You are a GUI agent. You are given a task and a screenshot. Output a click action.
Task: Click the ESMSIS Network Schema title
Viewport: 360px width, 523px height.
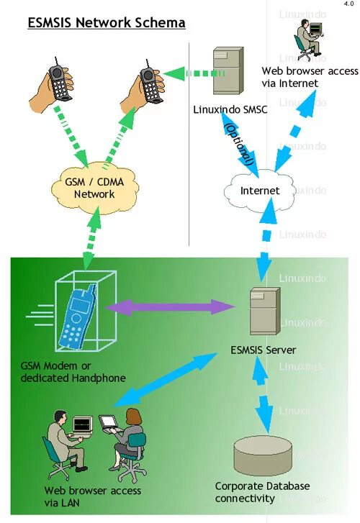[107, 22]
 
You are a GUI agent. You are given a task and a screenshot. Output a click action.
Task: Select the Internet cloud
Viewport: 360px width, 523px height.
[259, 191]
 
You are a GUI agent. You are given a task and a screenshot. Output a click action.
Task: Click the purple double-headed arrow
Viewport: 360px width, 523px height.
[170, 307]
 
